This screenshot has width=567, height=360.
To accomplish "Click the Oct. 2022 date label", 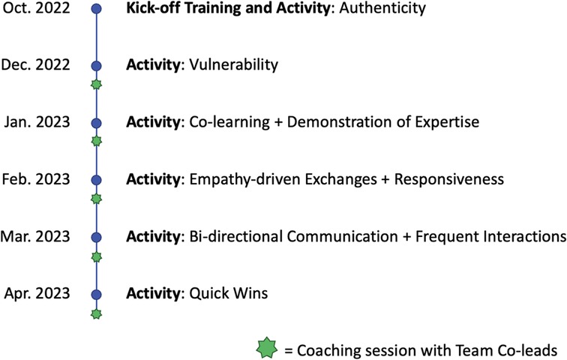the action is (36, 7).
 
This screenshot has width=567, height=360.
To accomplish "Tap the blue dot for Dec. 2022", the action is (96, 66).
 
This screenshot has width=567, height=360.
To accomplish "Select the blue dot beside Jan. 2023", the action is (96, 123).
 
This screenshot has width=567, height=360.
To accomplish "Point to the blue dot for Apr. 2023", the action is (96, 294).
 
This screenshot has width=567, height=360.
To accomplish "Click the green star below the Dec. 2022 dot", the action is (96, 85).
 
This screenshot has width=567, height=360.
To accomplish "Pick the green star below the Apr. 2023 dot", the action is (96, 314).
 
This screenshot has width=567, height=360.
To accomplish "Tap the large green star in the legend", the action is (267, 347).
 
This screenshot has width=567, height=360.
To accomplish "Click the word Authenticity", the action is (382, 8).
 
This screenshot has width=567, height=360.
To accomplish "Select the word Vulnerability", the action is (234, 64).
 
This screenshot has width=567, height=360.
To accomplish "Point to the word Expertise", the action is (447, 122).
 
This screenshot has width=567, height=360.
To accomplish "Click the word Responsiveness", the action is (449, 179).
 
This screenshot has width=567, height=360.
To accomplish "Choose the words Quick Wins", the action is (229, 293).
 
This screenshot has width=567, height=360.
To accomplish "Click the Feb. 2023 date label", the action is (36, 179).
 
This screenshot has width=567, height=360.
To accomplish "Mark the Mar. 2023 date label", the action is (35, 236).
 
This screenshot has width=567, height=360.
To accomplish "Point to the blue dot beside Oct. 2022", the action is (96, 9).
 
